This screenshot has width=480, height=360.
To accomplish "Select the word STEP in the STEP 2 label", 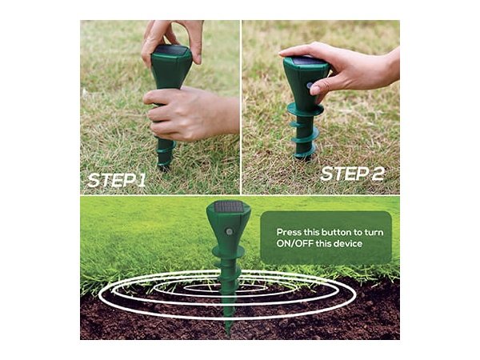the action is pos(344,174).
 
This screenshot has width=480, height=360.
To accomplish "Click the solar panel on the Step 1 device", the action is pos(171,50).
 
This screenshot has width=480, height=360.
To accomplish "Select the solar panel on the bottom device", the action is pos(228,207).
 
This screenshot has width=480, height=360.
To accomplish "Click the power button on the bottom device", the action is pos(230,231).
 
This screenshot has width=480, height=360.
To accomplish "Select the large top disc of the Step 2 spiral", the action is pos(305,110).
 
